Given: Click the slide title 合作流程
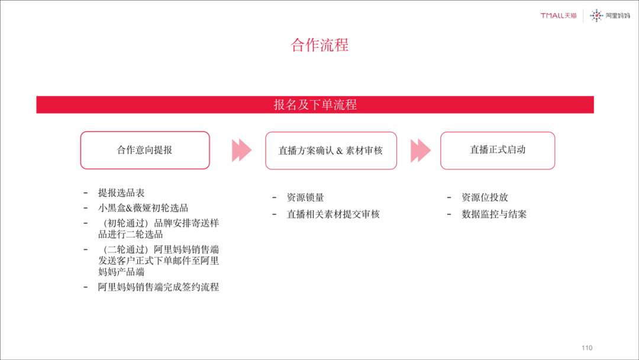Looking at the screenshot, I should point(319,45).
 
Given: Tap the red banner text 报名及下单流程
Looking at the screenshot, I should point(315,105).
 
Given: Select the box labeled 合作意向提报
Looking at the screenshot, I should point(145,150).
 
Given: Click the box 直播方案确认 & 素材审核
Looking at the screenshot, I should point(331,150).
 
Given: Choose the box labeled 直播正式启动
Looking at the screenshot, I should point(498,150).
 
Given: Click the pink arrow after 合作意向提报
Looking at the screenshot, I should point(241,150).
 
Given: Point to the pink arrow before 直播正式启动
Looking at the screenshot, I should point(421,150).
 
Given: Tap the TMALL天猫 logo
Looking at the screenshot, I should point(559,16).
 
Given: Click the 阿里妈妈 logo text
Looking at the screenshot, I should point(618,16).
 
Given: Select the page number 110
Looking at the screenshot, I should point(586,348).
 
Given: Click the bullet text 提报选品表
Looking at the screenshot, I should point(121,193).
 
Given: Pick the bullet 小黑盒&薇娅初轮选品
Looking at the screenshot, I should point(143,208).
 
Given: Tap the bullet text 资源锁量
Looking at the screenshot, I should point(305,198).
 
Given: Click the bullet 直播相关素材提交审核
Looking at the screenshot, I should point(333,214).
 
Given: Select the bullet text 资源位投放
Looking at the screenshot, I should point(485,198).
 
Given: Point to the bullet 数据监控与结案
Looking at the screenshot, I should point(494,214).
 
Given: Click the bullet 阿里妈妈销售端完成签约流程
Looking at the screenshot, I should point(159,287).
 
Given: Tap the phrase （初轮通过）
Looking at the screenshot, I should point(125,223).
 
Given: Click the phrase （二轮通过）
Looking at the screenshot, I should point(125,250).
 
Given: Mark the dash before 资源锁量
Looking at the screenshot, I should point(275,197).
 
